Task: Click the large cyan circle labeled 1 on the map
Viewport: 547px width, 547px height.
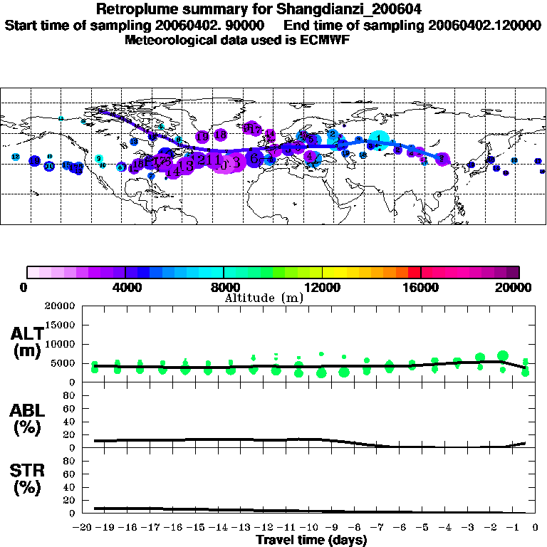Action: (379, 139)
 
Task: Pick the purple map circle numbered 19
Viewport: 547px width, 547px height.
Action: (202, 137)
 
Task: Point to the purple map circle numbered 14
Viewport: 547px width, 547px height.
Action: (172, 171)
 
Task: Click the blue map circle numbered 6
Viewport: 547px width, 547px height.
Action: (254, 160)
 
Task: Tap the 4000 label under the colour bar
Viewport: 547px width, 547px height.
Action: (125, 288)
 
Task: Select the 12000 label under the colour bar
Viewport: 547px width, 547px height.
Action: (322, 288)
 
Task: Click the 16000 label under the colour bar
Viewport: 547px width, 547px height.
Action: (421, 288)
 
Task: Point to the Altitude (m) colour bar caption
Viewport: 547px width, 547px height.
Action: (264, 298)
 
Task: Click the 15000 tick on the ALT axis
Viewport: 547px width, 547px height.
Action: (62, 325)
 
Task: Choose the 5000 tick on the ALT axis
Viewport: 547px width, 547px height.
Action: (65, 363)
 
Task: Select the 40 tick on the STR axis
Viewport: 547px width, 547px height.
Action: (71, 487)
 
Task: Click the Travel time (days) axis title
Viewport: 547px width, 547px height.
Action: (311, 541)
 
